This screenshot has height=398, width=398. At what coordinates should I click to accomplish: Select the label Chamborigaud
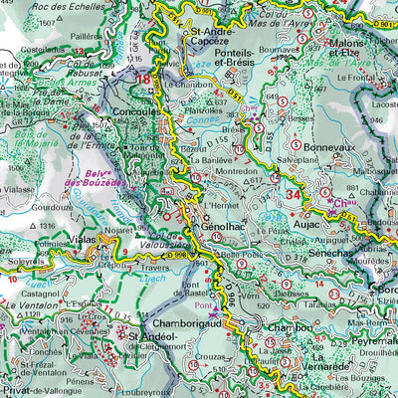click(x=186, y=324)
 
